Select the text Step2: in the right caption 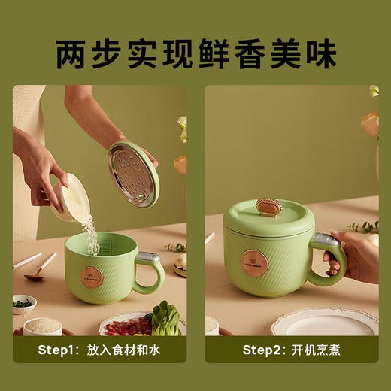(265, 350)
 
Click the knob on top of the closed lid (268, 206)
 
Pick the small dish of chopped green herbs (23, 304)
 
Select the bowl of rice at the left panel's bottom (43, 326)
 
